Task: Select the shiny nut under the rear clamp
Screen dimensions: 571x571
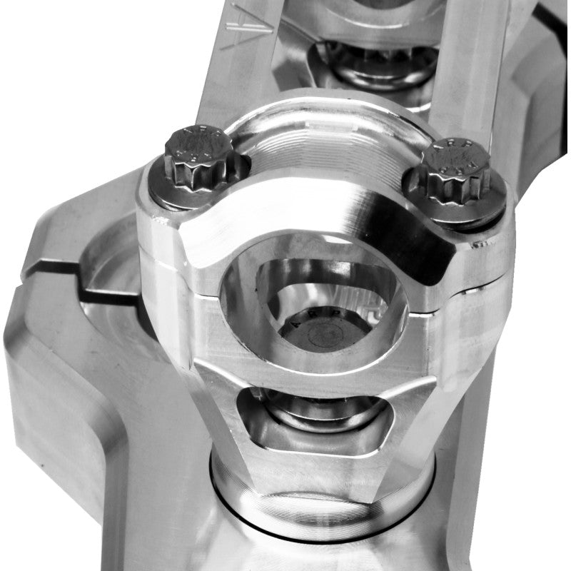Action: (378, 68)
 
